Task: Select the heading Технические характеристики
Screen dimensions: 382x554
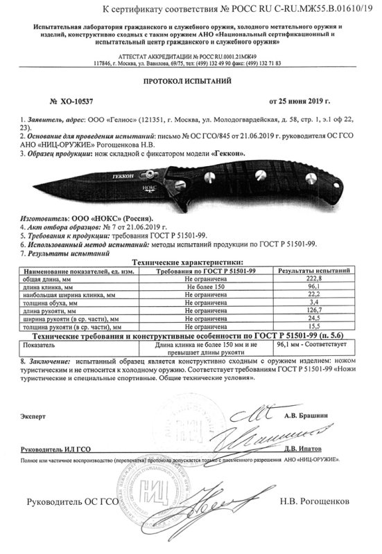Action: (x=191, y=263)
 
